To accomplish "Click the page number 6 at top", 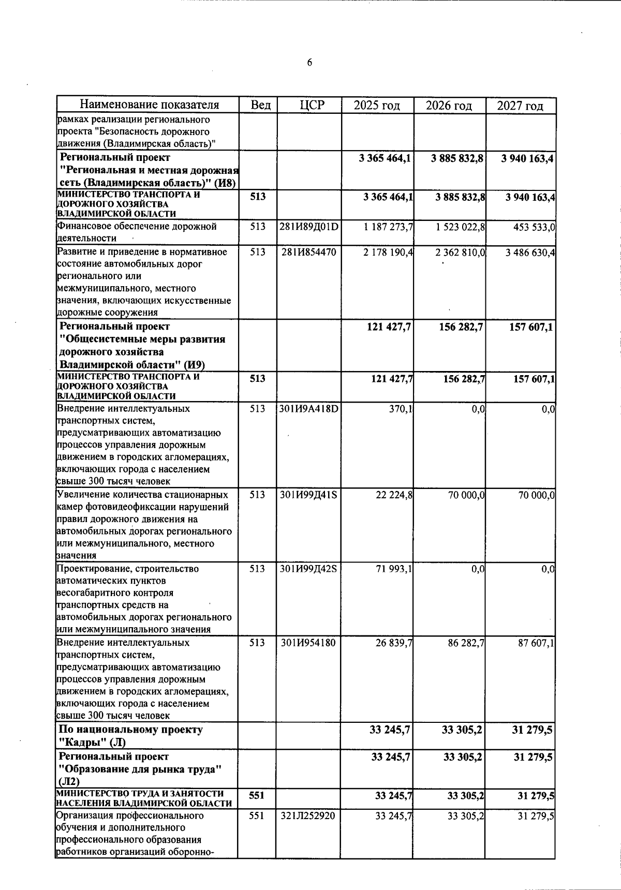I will (x=309, y=63).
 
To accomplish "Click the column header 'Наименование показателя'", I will (x=149, y=105).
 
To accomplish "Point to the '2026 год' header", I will (x=449, y=106).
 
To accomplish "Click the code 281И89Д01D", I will (x=309, y=227).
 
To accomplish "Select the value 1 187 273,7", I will (x=388, y=227).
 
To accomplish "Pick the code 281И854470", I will (x=309, y=252).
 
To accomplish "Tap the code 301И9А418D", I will (x=309, y=409).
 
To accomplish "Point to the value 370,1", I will (x=401, y=409).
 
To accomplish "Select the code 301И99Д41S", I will (x=309, y=495).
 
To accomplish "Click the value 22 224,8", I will (x=394, y=495).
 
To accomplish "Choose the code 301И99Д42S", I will (x=309, y=569).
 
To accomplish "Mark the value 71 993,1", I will (x=394, y=569).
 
